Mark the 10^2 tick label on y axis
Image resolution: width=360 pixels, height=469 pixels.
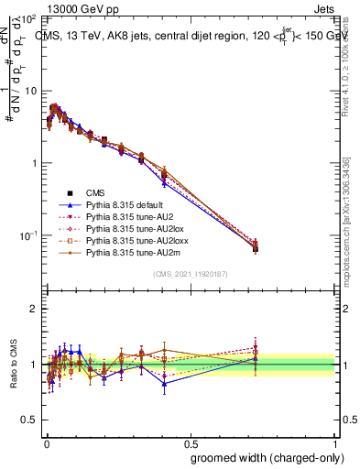(27, 19)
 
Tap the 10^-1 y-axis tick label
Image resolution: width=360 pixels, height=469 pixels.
(27, 235)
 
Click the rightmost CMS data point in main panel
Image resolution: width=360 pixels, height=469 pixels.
(256, 248)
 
